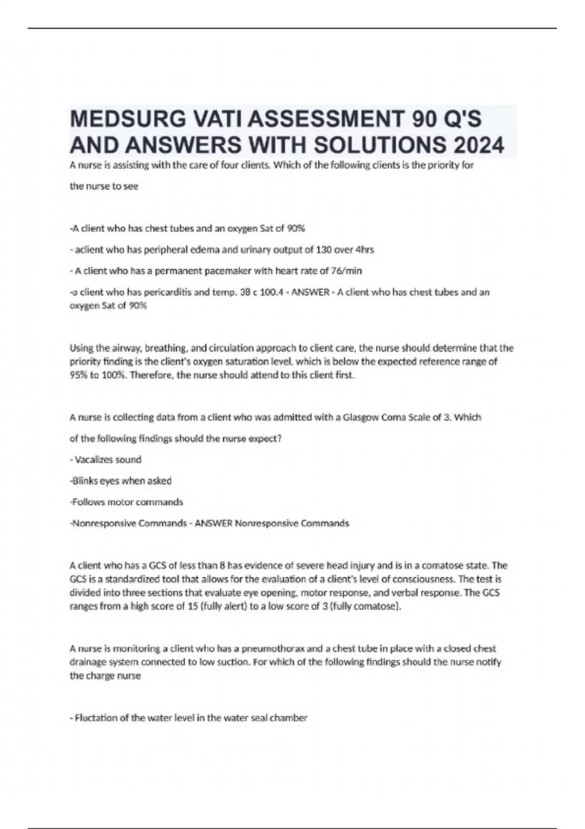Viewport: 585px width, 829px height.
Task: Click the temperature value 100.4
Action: coord(271,292)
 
